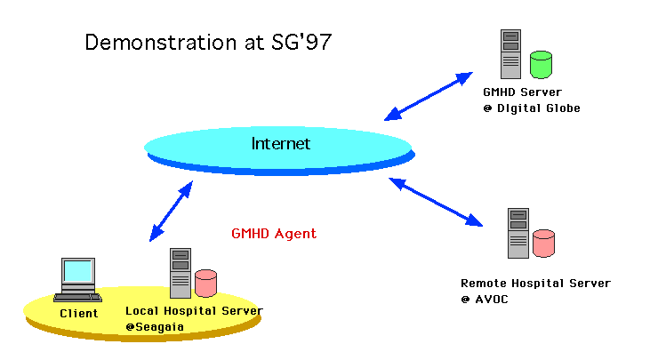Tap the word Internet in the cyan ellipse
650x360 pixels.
280,144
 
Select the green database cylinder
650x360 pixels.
541,64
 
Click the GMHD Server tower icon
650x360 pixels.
510,54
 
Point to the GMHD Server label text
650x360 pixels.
522,92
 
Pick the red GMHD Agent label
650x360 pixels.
274,234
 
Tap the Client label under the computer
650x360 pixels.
78,313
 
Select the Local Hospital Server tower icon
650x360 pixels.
181,272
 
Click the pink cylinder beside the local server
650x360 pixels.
206,283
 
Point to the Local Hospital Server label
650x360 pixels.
194,310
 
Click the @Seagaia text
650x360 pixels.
153,326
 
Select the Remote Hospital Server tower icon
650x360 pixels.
518,232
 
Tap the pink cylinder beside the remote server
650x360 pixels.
543,242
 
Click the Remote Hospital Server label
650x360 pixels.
535,284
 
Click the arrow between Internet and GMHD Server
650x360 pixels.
429,96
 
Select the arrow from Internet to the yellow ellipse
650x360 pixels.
172,212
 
